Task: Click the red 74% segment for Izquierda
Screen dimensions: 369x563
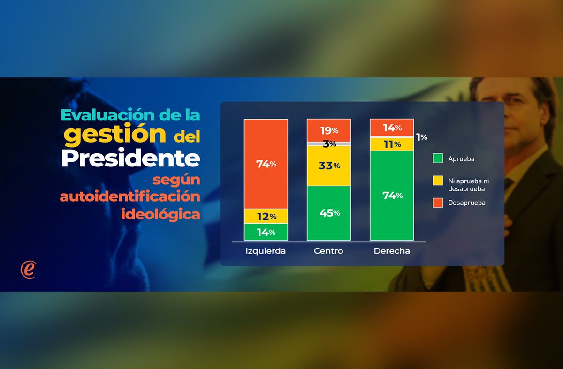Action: click(266, 164)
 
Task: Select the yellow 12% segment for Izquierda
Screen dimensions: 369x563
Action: click(266, 216)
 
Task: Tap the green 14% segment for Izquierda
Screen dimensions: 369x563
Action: click(266, 232)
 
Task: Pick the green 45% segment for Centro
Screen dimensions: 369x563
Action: click(328, 213)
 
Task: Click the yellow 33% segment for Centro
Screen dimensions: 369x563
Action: click(328, 166)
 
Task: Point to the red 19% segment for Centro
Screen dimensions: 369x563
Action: click(328, 130)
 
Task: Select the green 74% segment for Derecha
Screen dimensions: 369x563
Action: click(392, 195)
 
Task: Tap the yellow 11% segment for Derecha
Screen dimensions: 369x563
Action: click(392, 144)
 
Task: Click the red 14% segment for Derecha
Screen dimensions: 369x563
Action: click(392, 127)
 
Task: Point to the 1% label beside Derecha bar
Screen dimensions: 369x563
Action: click(421, 137)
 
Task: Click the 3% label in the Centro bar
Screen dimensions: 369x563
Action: click(329, 144)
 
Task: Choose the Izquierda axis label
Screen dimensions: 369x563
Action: click(266, 251)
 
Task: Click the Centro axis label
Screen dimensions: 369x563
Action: click(328, 251)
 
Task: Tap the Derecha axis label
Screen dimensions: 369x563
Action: click(392, 251)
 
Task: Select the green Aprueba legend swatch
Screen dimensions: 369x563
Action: click(437, 158)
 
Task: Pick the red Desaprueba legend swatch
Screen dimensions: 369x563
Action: click(437, 203)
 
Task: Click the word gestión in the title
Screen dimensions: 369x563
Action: click(115, 135)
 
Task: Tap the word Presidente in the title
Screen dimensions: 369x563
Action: click(131, 158)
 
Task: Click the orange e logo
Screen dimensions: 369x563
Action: click(28, 270)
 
